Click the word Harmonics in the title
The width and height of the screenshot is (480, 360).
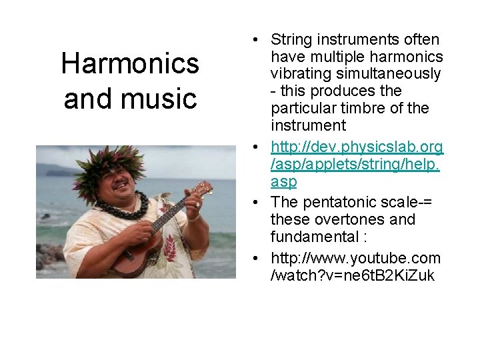130,64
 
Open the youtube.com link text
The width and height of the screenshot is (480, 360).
355,257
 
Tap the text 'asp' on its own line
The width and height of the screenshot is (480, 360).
283,181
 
